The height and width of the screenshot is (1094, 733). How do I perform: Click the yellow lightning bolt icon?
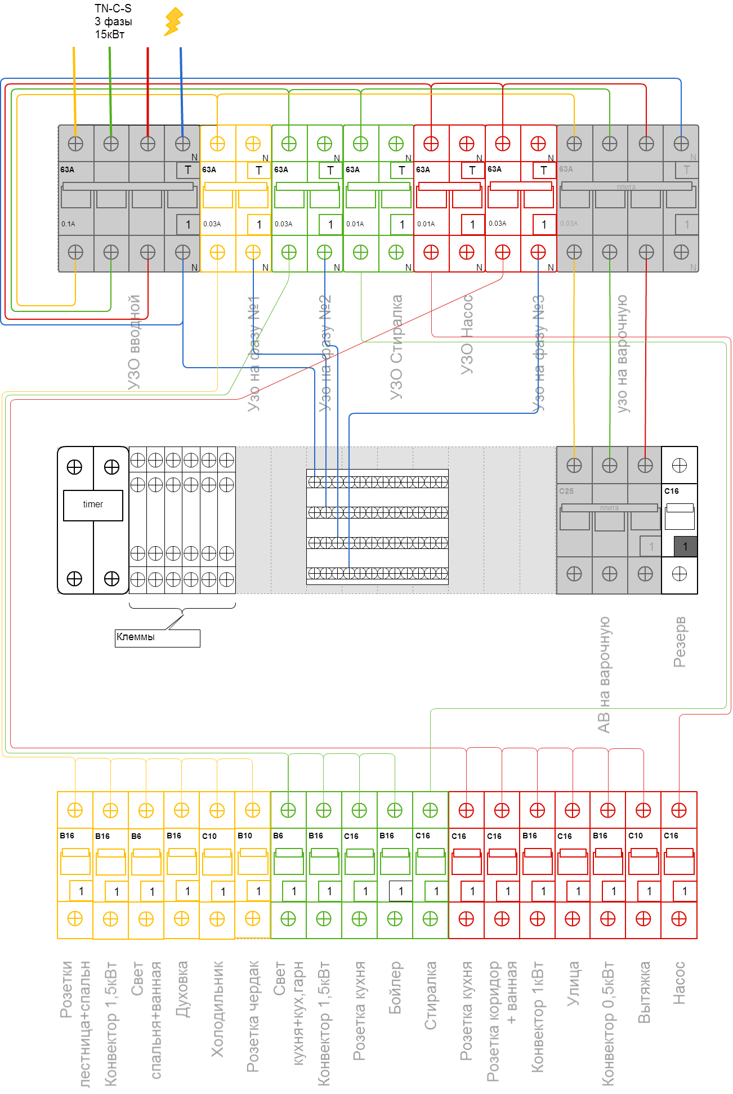pos(173,21)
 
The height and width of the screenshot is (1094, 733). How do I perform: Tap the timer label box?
pos(93,504)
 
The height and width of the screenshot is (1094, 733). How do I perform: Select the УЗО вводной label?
pos(134,342)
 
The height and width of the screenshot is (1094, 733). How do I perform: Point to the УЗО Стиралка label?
pos(396,347)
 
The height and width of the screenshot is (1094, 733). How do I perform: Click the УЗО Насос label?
pos(467,334)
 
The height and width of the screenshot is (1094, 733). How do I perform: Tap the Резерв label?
pos(680,641)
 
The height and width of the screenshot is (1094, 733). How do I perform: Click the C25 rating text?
pos(566,491)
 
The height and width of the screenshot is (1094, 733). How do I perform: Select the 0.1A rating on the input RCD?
pos(68,224)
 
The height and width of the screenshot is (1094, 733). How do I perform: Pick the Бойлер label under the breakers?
pos(395,988)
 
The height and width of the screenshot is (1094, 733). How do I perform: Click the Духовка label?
pos(182,989)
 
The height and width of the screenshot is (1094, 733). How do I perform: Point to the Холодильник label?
pos(217,1008)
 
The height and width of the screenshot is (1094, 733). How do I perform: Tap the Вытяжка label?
pos(644,992)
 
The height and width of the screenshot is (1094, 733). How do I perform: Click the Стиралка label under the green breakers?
pos(431,995)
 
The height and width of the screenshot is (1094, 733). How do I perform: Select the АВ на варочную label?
pos(604,675)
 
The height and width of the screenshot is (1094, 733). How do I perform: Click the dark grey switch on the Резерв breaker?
pos(685,546)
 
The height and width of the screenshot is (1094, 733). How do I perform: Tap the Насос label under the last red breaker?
pos(680,983)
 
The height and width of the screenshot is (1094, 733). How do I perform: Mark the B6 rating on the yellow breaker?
pos(136,836)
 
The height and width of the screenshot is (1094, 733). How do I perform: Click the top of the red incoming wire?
pos(148,51)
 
